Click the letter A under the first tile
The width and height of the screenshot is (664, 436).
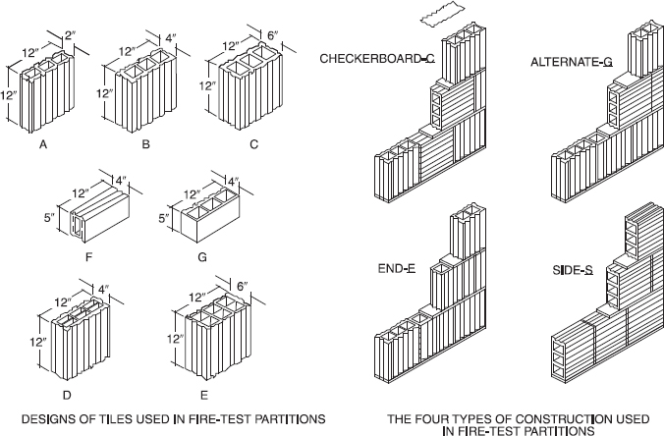click(43, 143)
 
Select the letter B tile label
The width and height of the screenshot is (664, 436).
click(144, 143)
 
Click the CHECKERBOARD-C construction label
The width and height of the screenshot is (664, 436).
click(377, 60)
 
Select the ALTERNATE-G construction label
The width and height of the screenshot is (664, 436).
click(572, 61)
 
